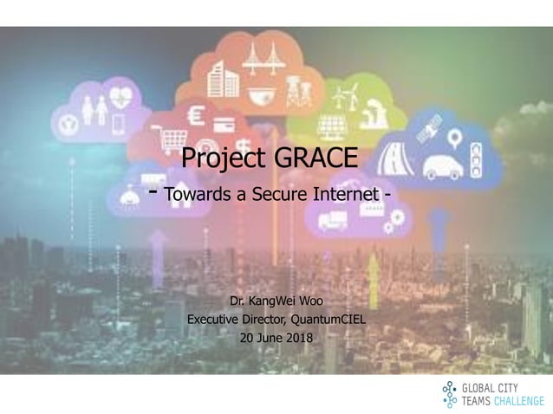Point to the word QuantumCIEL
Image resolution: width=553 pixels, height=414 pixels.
click(332, 319)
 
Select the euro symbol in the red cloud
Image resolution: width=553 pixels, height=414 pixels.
click(196, 113)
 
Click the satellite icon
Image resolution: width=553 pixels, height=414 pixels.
click(430, 127)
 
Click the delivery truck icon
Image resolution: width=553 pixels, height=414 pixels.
click(334, 222)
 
